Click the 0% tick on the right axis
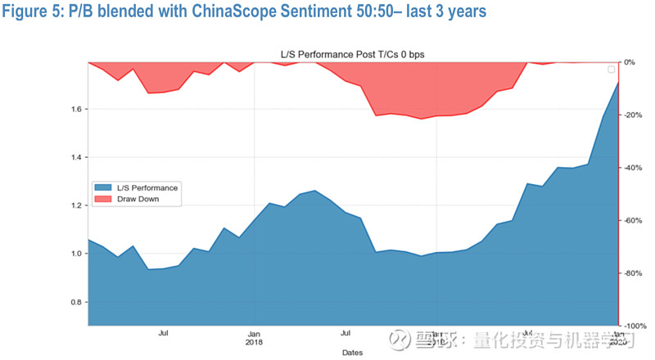point(630,62)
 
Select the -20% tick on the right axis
point(633,115)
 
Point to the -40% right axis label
point(633,168)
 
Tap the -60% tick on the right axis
point(633,220)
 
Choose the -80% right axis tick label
point(633,273)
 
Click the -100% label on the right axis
point(635,326)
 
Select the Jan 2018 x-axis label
point(255,338)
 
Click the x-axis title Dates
point(353,353)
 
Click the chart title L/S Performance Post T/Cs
point(352,54)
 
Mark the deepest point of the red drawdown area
point(422,119)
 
